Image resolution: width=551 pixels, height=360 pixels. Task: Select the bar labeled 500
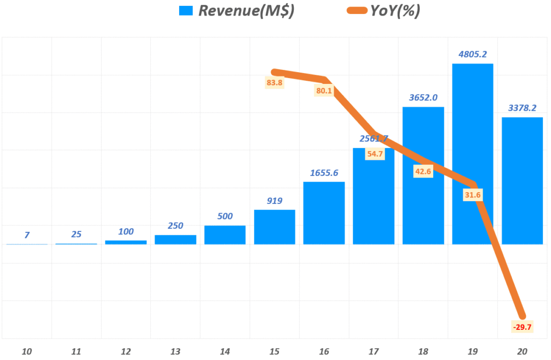tap(225, 235)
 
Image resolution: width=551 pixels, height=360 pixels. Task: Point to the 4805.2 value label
tap(472, 54)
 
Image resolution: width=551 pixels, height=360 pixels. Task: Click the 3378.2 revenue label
tap(522, 108)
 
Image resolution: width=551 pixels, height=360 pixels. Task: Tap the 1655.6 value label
tap(324, 173)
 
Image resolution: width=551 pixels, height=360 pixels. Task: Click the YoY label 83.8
tap(274, 83)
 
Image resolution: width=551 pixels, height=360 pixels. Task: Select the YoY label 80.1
tap(324, 91)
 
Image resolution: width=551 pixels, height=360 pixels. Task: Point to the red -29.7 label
tap(522, 327)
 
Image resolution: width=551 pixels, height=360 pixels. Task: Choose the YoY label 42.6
tap(422, 172)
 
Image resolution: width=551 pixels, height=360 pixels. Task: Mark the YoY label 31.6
tap(472, 195)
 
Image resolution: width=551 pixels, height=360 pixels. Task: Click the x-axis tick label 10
tap(27, 351)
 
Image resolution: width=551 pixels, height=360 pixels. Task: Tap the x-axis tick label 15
tap(274, 351)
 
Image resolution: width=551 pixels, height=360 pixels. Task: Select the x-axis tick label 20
tap(522, 351)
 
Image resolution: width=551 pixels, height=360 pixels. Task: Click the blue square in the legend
tap(186, 11)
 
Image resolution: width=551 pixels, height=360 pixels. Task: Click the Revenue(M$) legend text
tap(246, 11)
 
